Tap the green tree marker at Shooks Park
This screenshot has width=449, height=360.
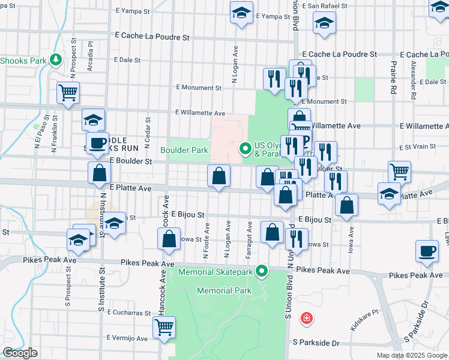(56, 59)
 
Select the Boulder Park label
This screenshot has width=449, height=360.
(184, 149)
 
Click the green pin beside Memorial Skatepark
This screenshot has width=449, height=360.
(262, 272)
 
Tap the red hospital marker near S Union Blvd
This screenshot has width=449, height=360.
(307, 317)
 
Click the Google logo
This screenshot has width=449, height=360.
(20, 353)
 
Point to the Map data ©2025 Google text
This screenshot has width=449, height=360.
(411, 355)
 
